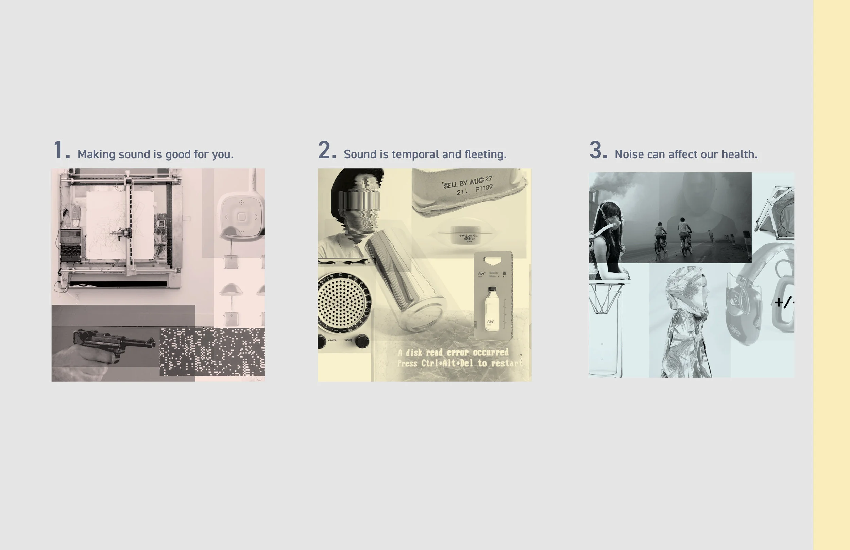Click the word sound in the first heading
coord(134,154)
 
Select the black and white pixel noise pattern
coord(213,352)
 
